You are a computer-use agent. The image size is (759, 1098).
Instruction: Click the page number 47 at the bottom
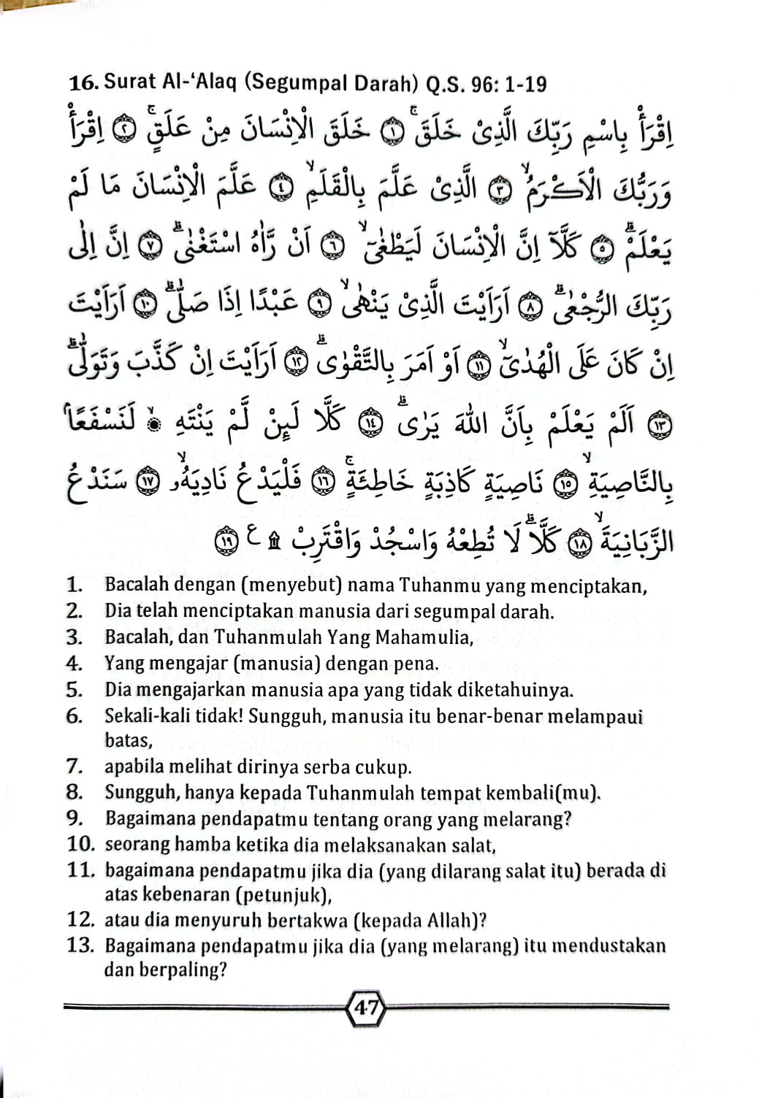tap(365, 1008)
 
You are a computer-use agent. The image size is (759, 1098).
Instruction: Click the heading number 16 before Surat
tap(83, 83)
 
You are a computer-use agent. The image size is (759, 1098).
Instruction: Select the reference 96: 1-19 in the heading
tap(509, 84)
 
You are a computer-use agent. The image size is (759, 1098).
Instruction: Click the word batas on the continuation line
tap(128, 740)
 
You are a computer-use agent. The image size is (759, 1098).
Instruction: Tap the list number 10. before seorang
tap(82, 845)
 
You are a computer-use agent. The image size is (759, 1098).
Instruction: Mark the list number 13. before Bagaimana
tap(82, 945)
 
